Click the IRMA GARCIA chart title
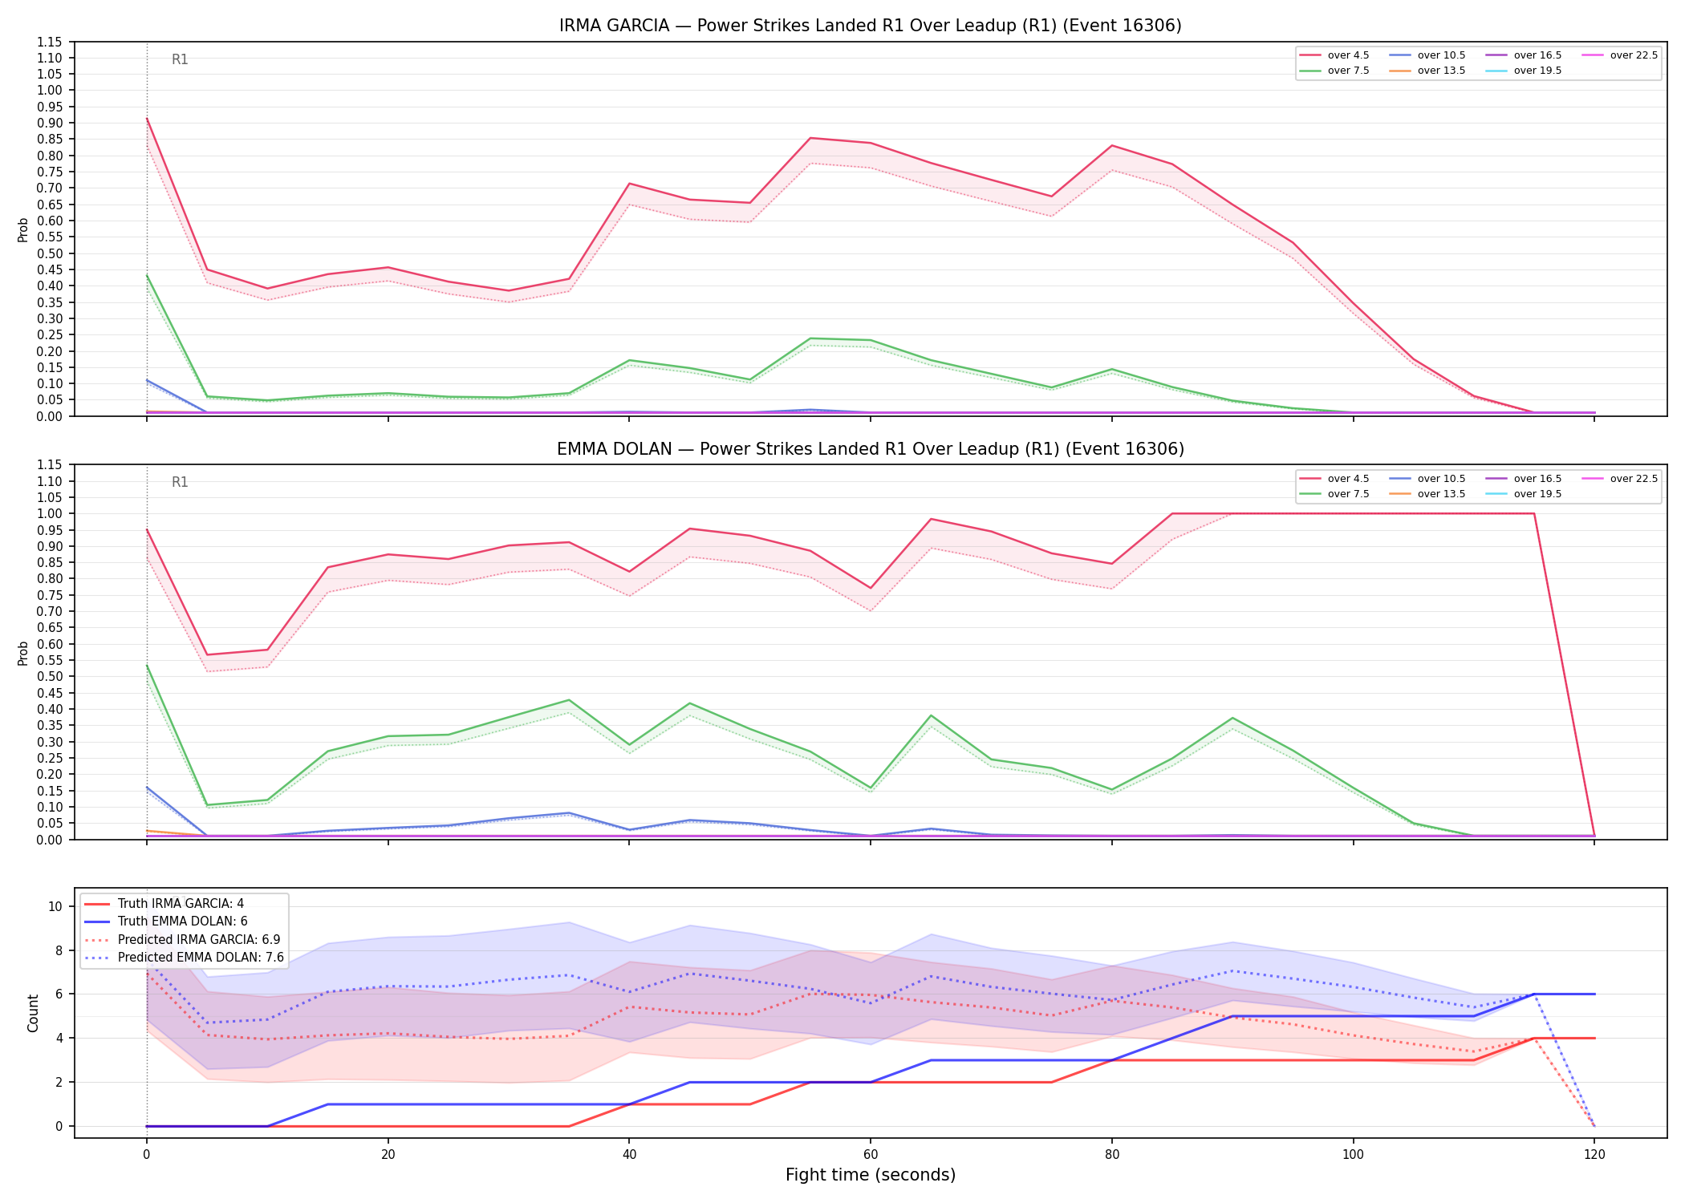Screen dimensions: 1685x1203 871,26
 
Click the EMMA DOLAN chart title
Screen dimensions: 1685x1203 871,449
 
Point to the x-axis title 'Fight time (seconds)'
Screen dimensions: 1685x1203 871,1175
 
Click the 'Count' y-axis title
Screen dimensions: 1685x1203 33,1013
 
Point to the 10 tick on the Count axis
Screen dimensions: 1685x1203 55,906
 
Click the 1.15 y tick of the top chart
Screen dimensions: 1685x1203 50,42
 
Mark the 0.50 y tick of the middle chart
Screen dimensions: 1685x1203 50,676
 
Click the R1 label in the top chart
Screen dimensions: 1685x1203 180,59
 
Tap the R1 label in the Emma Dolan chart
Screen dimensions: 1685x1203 180,482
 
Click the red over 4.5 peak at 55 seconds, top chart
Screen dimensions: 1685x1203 810,138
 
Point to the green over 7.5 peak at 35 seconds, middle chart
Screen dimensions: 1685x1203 569,700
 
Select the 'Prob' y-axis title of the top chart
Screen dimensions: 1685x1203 22,229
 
